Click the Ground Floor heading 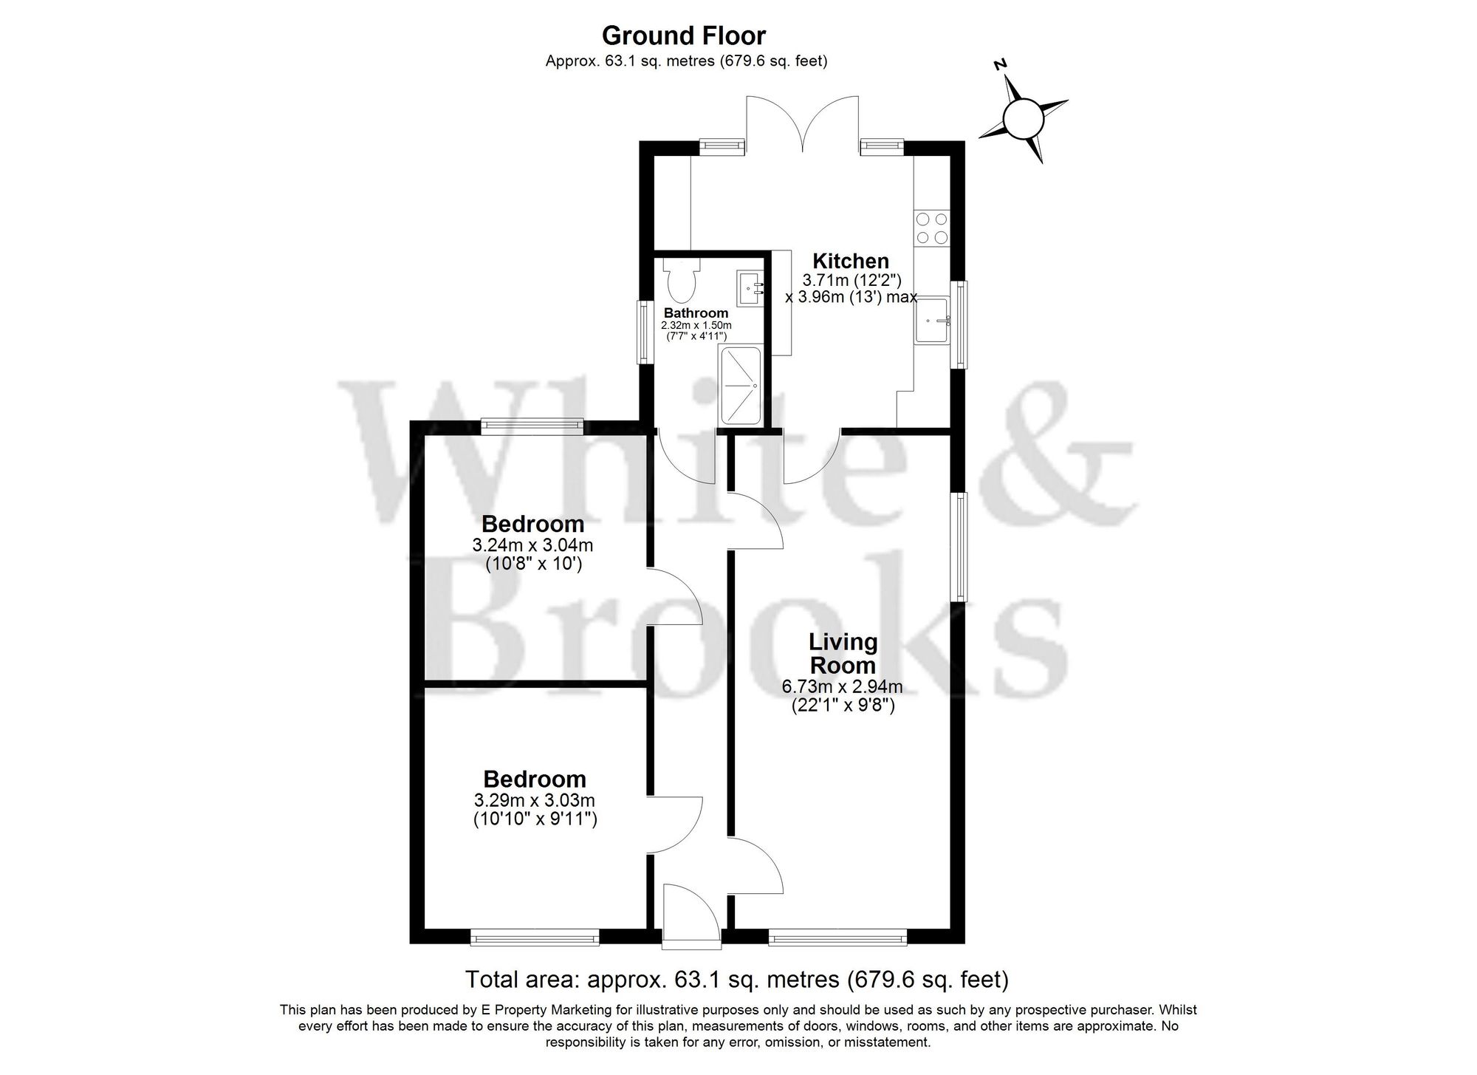point(684,35)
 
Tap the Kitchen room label point(851,261)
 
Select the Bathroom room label point(696,313)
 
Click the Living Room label point(843,653)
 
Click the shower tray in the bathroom point(738,386)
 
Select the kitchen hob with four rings point(931,228)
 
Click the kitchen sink point(933,320)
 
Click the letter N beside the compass point(1001,64)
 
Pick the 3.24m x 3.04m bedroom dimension point(532,546)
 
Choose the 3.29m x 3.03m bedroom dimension point(535,800)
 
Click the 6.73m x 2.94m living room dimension point(843,687)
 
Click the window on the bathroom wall point(647,331)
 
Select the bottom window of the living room point(837,939)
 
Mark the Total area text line point(736,980)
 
